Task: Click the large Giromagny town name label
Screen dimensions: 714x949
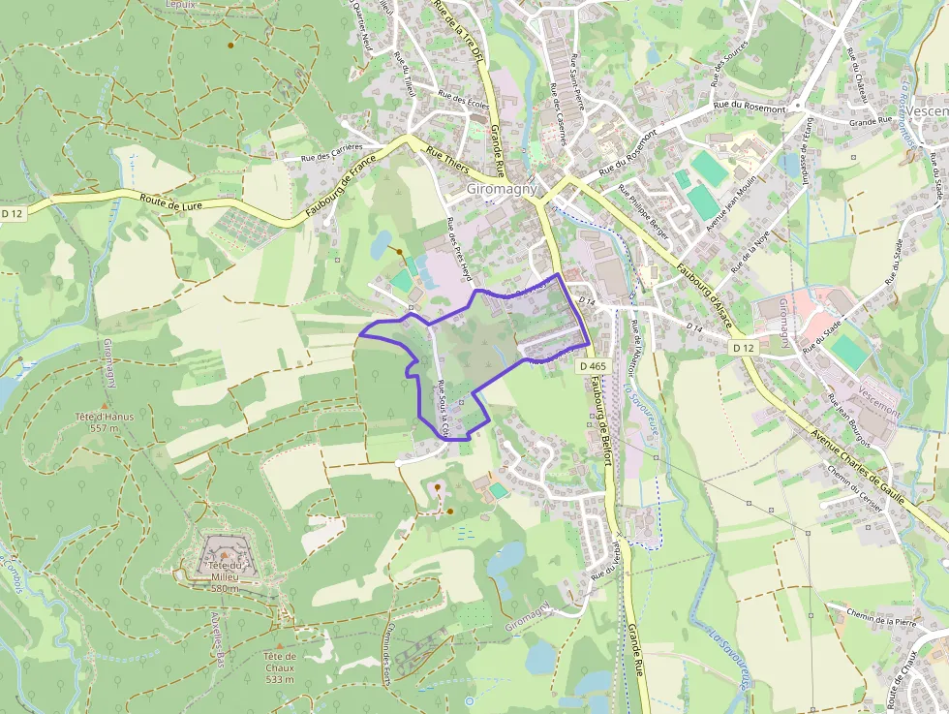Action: [502, 190]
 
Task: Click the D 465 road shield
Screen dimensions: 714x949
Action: [594, 366]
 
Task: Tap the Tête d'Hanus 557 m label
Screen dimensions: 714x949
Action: [104, 422]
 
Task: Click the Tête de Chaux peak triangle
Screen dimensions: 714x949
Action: [280, 645]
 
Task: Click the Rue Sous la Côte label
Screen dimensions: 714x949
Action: [443, 406]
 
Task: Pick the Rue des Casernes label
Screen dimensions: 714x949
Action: [560, 121]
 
